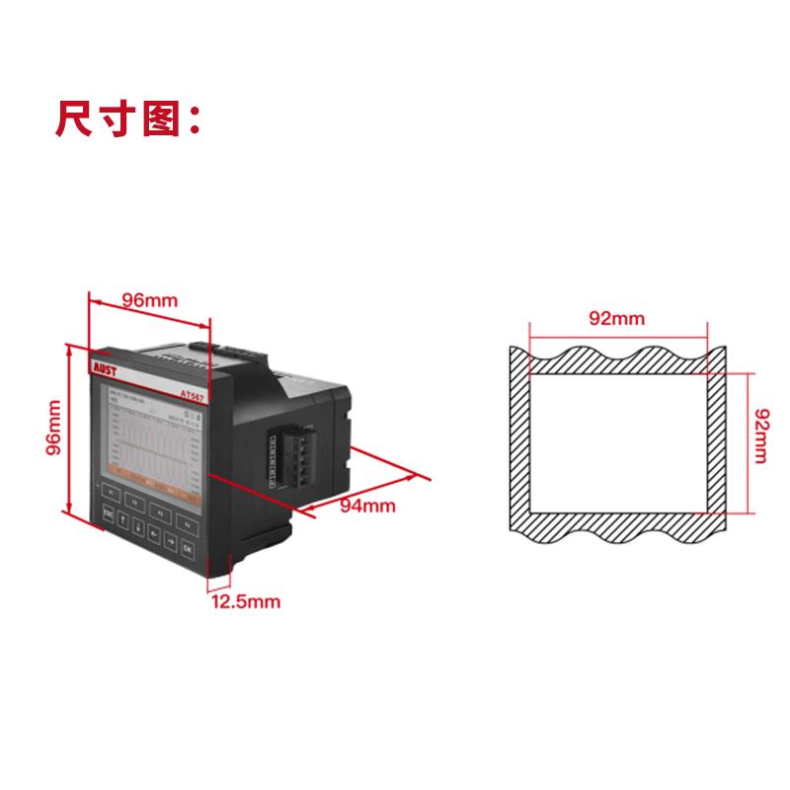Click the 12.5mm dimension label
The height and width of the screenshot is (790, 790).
(245, 599)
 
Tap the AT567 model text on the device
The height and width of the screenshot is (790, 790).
(196, 392)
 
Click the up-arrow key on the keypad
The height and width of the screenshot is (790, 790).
(122, 519)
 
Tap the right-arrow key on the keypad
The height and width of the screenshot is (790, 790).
(170, 542)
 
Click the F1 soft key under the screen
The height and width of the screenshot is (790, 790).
(111, 492)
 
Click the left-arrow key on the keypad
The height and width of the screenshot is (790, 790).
(153, 534)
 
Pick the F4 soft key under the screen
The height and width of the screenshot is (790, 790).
(187, 524)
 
